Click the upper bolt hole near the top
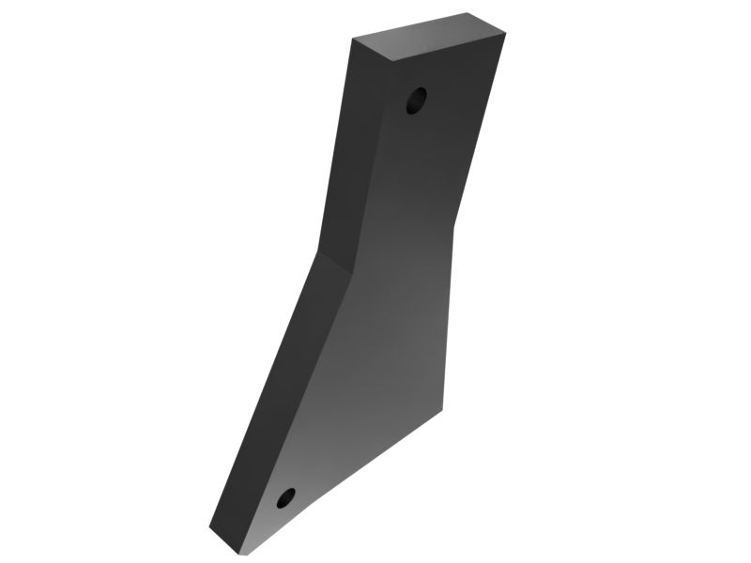pos(416,100)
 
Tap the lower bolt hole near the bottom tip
pos(286,497)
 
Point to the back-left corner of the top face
pos(353,39)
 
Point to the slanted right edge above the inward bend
pos(480,131)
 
